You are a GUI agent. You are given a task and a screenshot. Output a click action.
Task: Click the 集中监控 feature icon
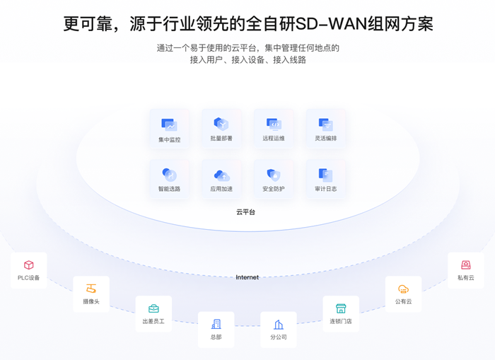coord(169,125)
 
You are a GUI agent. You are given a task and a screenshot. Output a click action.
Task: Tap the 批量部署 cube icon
coord(221,124)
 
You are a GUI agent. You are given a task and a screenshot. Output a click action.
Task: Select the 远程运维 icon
coord(274,124)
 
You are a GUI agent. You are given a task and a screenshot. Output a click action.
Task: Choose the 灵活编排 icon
coord(325,124)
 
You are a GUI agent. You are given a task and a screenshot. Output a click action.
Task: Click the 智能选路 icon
coord(169,175)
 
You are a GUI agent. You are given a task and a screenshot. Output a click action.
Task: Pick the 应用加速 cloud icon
coord(221,175)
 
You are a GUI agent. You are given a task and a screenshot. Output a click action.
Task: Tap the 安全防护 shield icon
coord(274,175)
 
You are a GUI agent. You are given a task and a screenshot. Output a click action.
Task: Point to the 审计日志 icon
coord(325,175)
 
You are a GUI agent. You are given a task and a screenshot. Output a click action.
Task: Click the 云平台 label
coord(246,211)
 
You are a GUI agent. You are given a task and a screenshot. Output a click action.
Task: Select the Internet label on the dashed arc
coord(247,277)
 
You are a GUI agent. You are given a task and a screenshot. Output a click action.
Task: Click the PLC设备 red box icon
coord(29,265)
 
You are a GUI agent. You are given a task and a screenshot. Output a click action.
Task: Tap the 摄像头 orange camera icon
coord(91,289)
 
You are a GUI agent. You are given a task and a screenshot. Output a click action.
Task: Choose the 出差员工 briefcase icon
coord(153,308)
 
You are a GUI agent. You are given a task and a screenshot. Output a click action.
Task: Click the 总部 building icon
coord(216,324)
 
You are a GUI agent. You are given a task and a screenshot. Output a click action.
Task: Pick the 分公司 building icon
coord(279,324)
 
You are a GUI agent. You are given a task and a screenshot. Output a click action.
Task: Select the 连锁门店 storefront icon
coord(341,308)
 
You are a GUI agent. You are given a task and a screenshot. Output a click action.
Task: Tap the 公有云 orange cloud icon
coord(403,289)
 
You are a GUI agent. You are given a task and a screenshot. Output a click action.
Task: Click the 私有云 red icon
coord(466,265)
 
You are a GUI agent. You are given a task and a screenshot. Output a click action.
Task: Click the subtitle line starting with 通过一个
coord(248,48)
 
